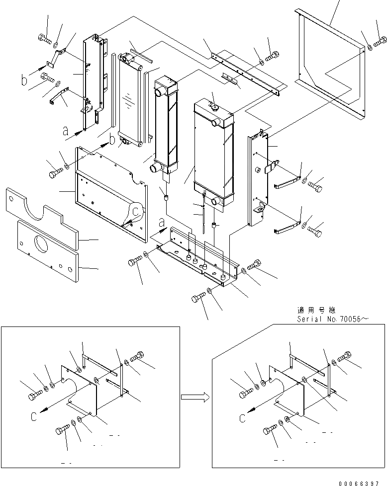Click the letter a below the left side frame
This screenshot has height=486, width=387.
coord(65,132)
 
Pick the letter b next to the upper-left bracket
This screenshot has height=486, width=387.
coord(24,79)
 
